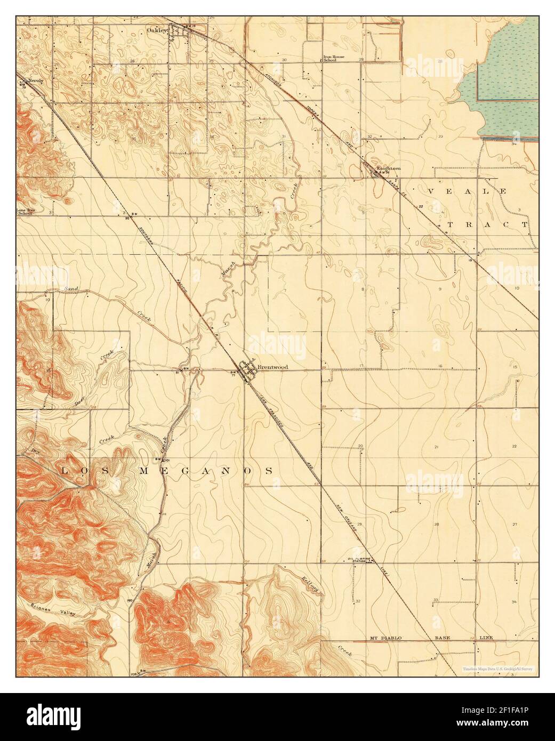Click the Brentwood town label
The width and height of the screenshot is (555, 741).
click(x=272, y=367)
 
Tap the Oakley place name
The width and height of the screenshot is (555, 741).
click(x=157, y=30)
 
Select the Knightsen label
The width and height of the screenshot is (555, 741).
click(x=389, y=168)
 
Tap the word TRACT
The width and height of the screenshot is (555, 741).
click(x=487, y=224)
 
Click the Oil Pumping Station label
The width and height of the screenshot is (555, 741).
click(x=358, y=560)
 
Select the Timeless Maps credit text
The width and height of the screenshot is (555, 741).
click(x=500, y=667)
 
